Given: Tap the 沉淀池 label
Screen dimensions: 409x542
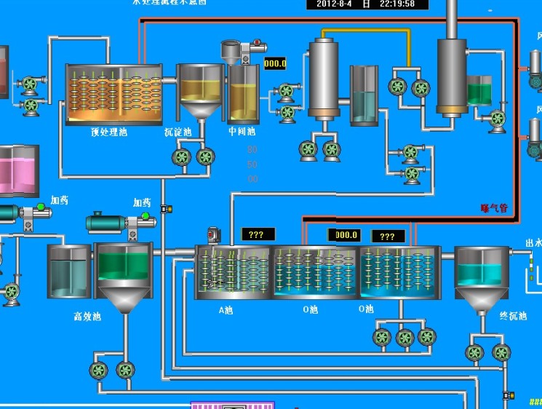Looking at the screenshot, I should tap(178, 132).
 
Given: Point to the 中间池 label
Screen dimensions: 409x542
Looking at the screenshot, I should tap(242, 132).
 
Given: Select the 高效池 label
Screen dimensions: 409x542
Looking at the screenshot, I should tap(87, 317).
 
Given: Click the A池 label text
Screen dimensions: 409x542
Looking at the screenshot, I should tap(226, 309).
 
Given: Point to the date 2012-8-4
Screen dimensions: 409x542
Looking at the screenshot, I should tap(335, 4).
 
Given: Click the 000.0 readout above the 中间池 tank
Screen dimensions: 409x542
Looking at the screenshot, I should tap(275, 64).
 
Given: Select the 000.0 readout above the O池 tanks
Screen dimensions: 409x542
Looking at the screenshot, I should tap(344, 235).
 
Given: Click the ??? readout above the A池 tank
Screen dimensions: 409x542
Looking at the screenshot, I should tap(258, 235).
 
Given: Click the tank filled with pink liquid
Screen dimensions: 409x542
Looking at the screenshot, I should tap(19, 170).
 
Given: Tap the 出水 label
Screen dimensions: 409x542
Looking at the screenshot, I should tap(533, 245).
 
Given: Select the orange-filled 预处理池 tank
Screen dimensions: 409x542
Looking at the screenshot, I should tap(114, 93).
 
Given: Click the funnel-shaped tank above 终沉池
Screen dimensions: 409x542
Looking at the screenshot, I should tap(482, 275).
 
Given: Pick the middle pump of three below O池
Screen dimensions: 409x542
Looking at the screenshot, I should tap(404, 337).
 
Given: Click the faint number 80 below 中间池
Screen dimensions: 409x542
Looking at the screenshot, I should tap(252, 149).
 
